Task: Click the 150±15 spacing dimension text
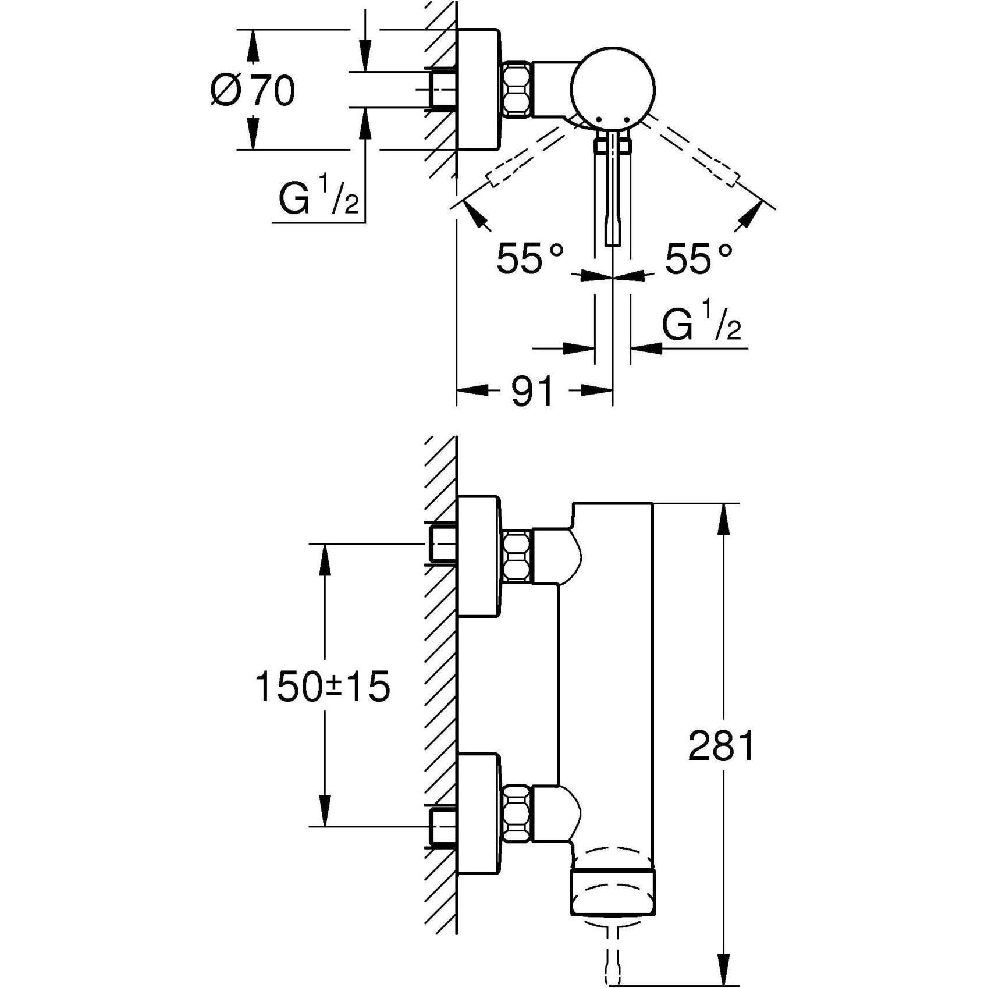(x=322, y=687)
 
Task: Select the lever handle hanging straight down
(x=613, y=192)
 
